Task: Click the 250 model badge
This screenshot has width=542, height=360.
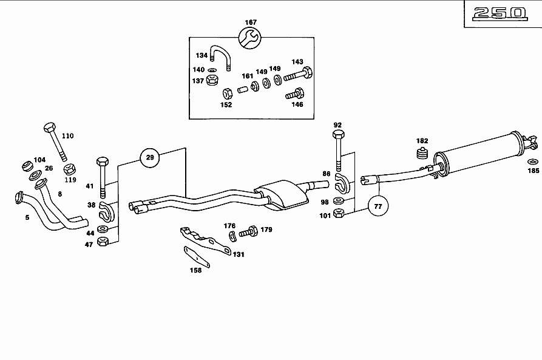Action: point(501,13)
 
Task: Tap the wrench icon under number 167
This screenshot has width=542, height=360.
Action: point(251,39)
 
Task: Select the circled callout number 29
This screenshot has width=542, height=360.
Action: point(150,158)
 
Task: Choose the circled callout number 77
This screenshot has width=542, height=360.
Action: point(378,206)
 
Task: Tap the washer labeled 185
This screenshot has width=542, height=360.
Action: point(532,161)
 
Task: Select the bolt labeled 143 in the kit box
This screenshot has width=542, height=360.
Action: point(297,75)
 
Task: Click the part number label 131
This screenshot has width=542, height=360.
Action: point(239,254)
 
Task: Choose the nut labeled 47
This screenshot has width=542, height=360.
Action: point(104,242)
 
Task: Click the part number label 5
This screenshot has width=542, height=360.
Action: point(27,217)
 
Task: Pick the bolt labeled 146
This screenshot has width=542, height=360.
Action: point(296,94)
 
